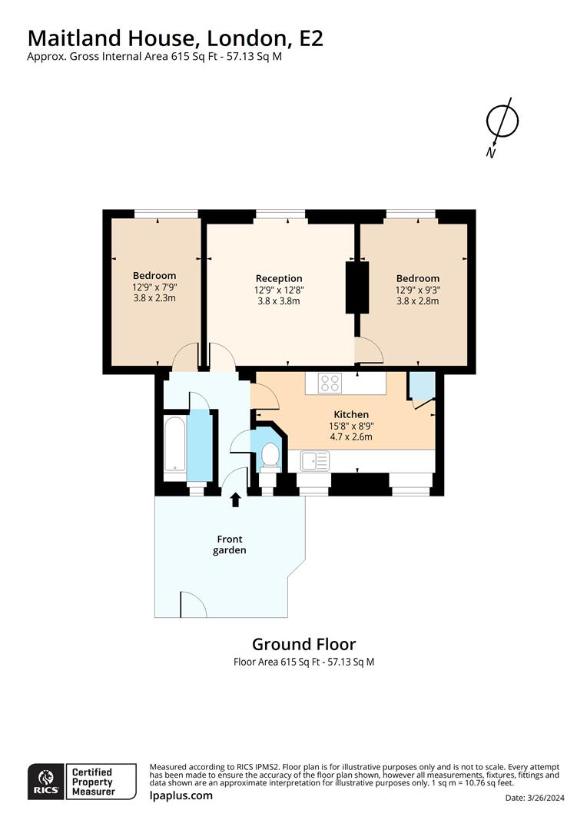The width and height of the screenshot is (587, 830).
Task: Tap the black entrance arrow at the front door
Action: (235, 500)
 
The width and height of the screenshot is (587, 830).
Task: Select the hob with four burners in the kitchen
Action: (330, 383)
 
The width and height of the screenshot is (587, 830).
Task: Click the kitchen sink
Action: (315, 461)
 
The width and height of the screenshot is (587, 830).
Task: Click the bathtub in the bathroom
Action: (175, 444)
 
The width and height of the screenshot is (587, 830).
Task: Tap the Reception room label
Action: (279, 278)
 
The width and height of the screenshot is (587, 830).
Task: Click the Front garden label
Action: (230, 545)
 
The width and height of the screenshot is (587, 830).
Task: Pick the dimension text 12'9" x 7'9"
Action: (154, 287)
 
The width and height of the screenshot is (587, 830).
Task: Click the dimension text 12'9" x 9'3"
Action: (418, 290)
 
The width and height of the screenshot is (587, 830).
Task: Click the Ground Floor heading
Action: (303, 644)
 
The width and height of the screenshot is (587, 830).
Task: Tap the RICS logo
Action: (45, 781)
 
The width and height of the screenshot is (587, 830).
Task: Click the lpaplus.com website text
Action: (181, 795)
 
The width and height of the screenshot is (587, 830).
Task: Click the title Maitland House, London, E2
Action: (175, 38)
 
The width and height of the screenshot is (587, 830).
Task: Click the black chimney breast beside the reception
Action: (357, 287)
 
